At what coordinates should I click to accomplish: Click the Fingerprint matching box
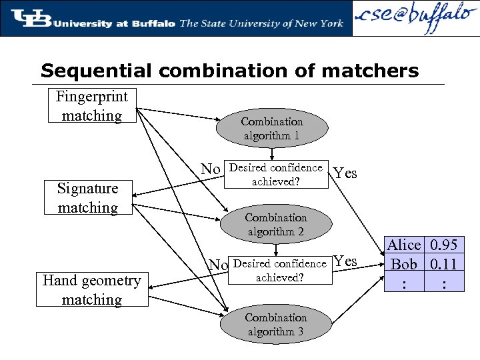click(x=91, y=106)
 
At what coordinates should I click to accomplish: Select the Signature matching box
click(x=87, y=198)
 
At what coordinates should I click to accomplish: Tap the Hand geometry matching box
click(x=91, y=290)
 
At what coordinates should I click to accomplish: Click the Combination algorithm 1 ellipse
click(x=271, y=129)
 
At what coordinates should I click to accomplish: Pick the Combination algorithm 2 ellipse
click(x=275, y=225)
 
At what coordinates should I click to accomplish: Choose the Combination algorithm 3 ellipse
click(x=275, y=325)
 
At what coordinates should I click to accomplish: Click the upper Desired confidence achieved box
click(x=275, y=175)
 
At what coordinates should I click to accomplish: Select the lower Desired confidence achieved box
click(x=279, y=271)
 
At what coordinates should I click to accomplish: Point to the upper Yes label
click(x=345, y=174)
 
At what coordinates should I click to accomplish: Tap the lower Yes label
click(x=345, y=261)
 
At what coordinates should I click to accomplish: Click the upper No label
click(x=211, y=169)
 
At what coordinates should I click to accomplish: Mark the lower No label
click(x=217, y=265)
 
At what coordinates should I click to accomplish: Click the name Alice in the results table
click(x=404, y=245)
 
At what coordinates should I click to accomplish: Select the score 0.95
click(x=443, y=245)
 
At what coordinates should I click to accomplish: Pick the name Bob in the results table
click(x=404, y=264)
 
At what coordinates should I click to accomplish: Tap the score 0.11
click(x=443, y=264)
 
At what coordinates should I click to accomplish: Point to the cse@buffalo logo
click(x=414, y=19)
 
